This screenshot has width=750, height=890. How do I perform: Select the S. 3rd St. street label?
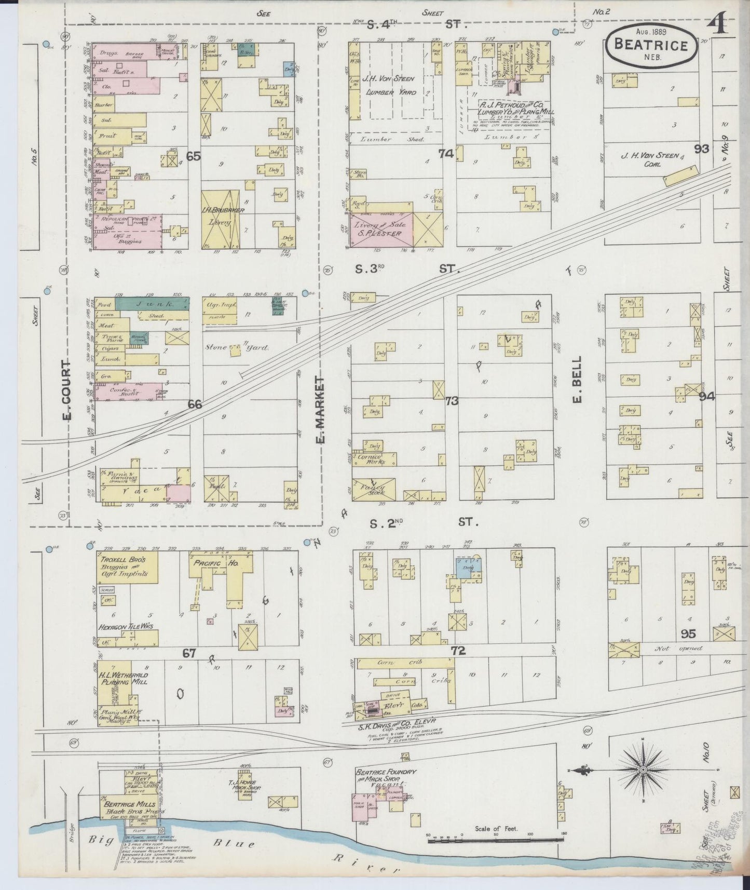coord(402,269)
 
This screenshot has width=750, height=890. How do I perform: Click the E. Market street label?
coord(320,410)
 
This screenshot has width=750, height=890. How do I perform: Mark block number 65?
coord(194,155)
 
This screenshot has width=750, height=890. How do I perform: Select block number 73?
coord(452,400)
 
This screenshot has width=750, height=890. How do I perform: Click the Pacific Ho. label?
coord(212,563)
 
